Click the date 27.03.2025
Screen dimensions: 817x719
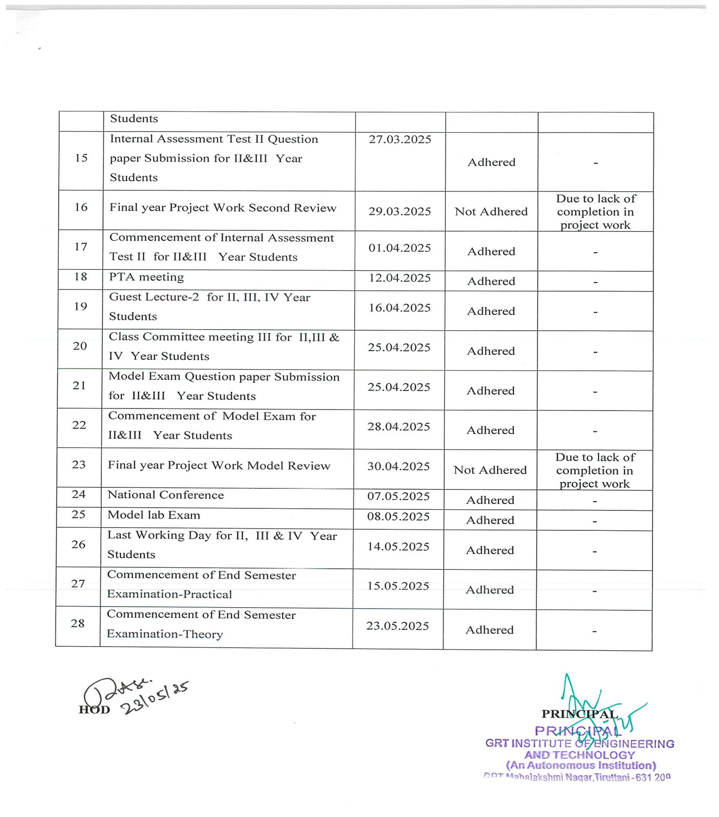click(x=400, y=140)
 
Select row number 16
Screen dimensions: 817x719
click(x=81, y=207)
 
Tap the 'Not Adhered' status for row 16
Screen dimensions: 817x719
click(x=491, y=211)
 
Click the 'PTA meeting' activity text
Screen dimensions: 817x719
click(x=146, y=277)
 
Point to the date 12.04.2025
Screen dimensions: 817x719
click(x=400, y=278)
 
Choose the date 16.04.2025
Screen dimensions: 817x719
click(x=400, y=308)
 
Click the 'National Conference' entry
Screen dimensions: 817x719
click(x=165, y=495)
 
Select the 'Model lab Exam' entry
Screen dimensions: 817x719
click(x=154, y=515)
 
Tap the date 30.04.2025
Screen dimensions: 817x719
click(x=399, y=466)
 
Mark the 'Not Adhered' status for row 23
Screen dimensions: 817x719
click(x=490, y=470)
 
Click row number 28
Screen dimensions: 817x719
click(x=78, y=623)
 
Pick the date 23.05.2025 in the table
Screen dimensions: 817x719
click(x=398, y=626)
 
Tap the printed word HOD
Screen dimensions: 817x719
click(x=94, y=709)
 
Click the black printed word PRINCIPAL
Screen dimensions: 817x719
click(x=579, y=714)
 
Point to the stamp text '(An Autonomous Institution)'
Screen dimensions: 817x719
click(x=581, y=766)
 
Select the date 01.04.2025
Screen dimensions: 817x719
click(x=400, y=248)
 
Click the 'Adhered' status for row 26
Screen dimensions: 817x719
click(x=490, y=550)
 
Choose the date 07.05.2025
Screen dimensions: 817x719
click(x=398, y=496)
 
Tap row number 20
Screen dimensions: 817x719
click(x=80, y=346)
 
